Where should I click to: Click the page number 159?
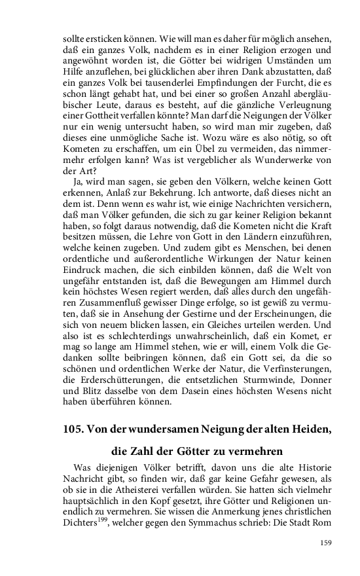click(x=327, y=542)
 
